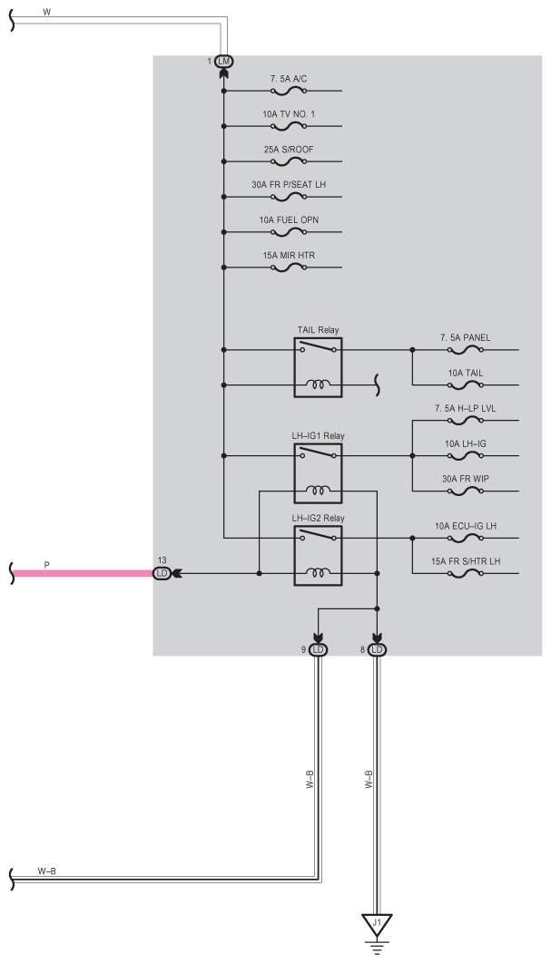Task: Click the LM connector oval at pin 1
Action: click(223, 61)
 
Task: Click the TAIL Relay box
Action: click(317, 367)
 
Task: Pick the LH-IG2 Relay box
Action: click(317, 556)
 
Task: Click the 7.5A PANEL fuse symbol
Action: click(465, 350)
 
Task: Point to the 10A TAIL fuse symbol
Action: click(465, 385)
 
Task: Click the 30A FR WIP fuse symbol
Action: click(465, 491)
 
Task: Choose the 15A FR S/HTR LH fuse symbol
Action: click(465, 574)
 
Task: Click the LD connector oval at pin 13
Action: click(162, 573)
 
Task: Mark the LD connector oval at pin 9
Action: click(318, 649)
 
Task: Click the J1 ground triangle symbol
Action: click(378, 924)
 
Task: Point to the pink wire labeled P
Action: click(82, 573)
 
